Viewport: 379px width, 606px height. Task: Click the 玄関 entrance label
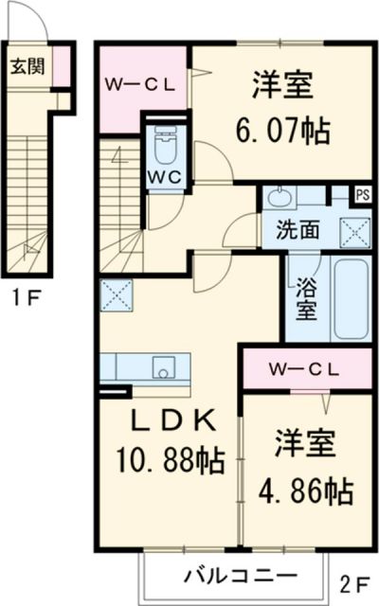27,67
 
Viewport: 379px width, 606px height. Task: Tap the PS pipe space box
362,195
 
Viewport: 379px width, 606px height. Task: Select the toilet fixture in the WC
166,145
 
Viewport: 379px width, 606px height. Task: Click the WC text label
166,177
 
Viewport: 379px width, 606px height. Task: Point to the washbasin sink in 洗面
280,197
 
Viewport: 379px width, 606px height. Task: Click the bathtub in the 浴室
351,298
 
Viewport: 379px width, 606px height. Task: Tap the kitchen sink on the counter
163,367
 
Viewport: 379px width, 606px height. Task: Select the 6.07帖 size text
282,131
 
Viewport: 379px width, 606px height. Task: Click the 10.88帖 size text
170,460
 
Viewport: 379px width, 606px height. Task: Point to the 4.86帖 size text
305,490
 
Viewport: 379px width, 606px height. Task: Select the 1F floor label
27,298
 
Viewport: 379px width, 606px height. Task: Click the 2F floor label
354,585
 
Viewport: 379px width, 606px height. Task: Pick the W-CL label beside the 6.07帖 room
140,85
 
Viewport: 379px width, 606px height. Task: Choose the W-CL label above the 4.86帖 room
304,370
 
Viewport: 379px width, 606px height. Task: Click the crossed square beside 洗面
354,232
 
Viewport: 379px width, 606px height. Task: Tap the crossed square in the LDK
117,295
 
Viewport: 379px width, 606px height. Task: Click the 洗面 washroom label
298,230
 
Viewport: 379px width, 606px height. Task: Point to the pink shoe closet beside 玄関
62,66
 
